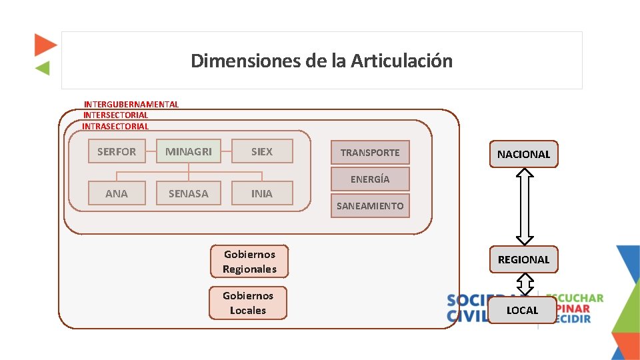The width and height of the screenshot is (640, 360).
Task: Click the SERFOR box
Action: point(117,151)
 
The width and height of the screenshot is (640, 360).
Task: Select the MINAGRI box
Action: point(189,151)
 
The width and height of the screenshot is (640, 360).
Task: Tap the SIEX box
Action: point(262,151)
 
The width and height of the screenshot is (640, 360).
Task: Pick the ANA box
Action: point(117,193)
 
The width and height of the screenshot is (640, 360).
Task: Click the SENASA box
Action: point(189,193)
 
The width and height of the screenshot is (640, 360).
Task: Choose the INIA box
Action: point(262,193)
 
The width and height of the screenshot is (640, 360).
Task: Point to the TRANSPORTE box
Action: point(370,153)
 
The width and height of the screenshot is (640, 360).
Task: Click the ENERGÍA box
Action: point(370,179)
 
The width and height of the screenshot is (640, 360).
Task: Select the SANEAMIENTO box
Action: point(370,206)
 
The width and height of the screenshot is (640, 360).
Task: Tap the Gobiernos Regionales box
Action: point(249,261)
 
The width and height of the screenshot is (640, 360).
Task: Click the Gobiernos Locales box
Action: point(248,303)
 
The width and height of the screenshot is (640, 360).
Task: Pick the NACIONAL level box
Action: point(523,154)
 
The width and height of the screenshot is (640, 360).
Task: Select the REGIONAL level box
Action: point(523,259)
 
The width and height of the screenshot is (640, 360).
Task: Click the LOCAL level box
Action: point(522,310)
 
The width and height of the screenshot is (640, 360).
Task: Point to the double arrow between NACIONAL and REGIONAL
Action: point(525,206)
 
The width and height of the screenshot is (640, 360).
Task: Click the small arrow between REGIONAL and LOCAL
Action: point(525,285)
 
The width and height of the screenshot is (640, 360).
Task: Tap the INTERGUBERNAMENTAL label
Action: point(131,104)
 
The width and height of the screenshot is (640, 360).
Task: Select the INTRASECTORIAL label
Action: point(115,126)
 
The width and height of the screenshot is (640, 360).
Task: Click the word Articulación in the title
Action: point(401,61)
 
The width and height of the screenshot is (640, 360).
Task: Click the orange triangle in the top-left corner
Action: point(45,45)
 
